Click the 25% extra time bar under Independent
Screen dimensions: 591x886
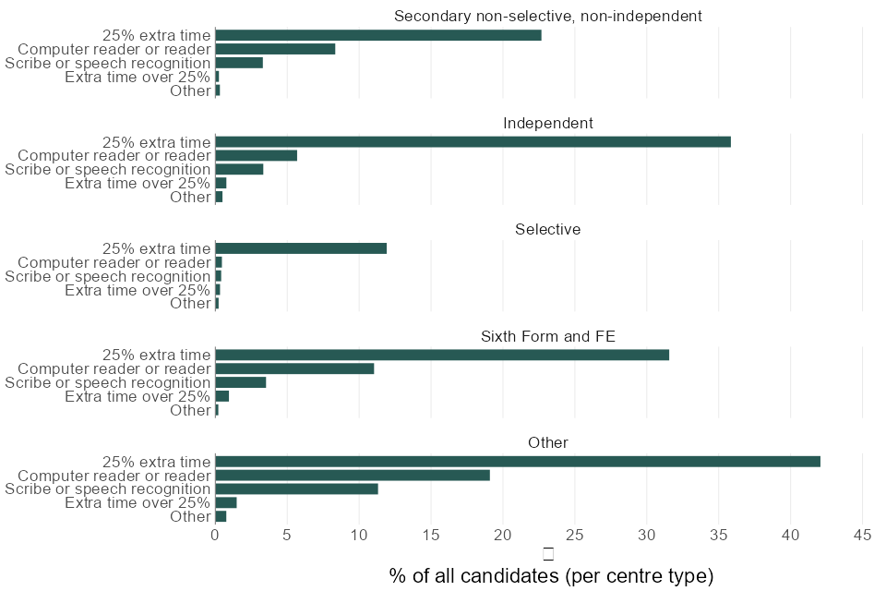click(473, 142)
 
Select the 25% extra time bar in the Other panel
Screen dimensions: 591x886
click(517, 461)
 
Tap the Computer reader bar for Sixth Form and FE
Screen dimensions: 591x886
click(294, 368)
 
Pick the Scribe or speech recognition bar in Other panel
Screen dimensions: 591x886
click(296, 488)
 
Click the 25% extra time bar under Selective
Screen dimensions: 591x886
click(301, 248)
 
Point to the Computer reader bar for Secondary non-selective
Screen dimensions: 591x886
click(275, 49)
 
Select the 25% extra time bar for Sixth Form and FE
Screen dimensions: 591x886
click(442, 355)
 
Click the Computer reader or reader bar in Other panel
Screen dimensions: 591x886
click(353, 475)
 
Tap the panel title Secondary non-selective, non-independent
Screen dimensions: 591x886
click(548, 16)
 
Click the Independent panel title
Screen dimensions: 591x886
click(548, 123)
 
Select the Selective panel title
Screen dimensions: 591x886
click(548, 229)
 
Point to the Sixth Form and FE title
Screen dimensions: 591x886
click(548, 336)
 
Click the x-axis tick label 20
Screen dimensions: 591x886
click(503, 535)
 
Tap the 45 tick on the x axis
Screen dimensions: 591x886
click(863, 535)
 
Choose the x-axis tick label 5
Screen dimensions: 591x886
click(287, 535)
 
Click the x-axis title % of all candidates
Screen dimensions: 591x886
click(551, 576)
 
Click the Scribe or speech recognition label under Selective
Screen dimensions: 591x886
click(108, 276)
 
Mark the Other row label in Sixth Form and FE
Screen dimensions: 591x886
click(191, 410)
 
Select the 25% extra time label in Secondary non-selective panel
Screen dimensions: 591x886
click(157, 35)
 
